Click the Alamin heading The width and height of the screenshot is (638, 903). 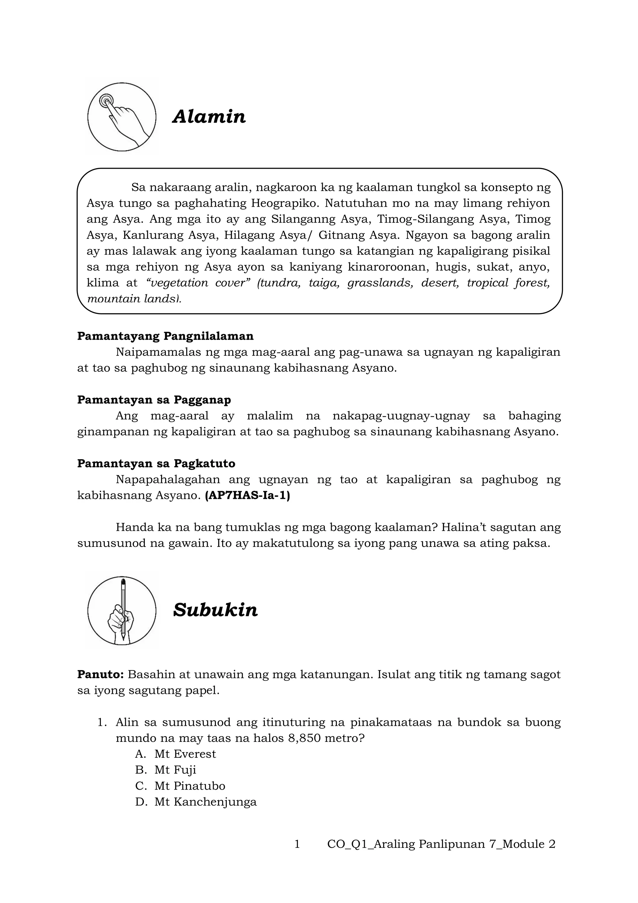pos(209,117)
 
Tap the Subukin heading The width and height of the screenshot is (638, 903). pos(215,610)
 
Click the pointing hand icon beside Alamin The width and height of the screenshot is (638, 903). pos(122,117)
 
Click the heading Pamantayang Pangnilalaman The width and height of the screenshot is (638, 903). pos(165,336)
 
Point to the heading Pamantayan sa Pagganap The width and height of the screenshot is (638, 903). pos(154,400)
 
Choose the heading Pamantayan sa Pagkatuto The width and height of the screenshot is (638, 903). pos(156,463)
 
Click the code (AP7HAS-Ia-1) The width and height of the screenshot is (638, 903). pos(247,495)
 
